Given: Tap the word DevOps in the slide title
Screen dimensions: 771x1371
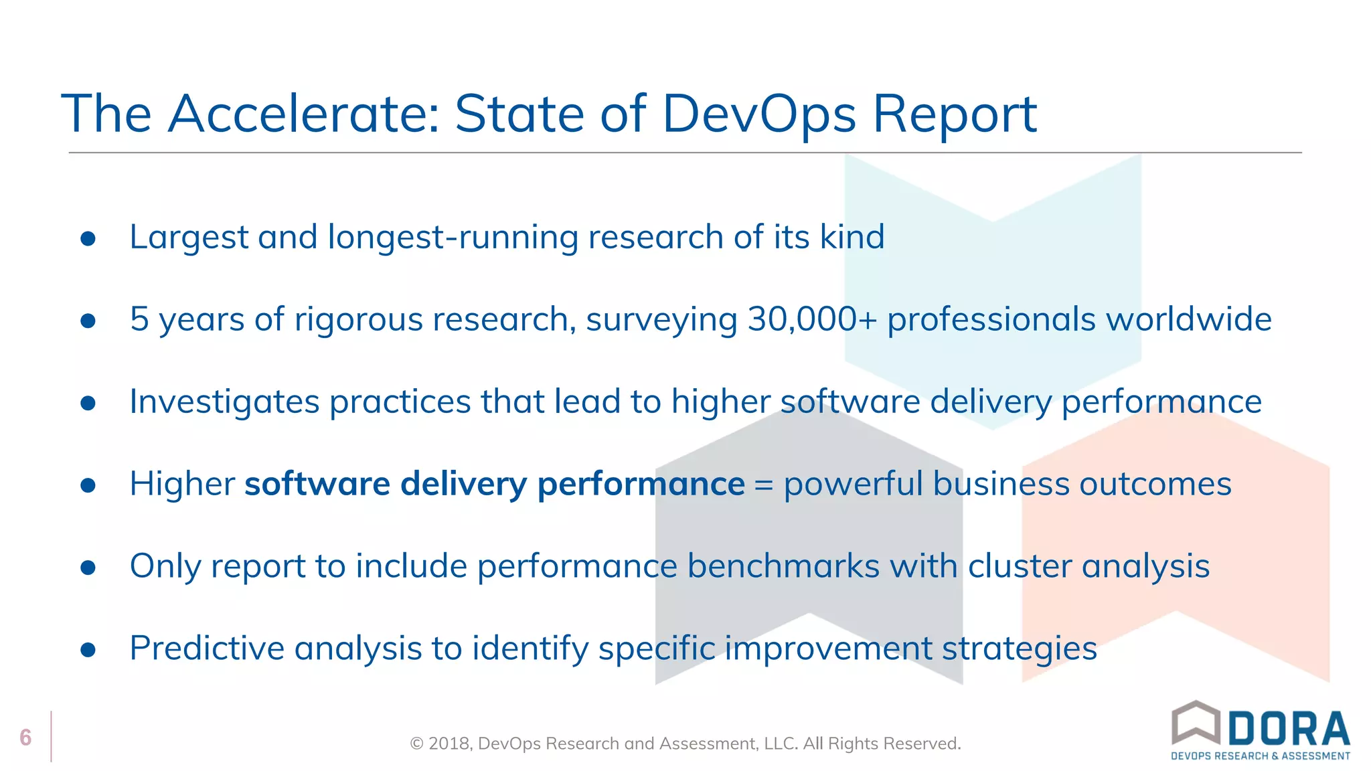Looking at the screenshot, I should click(x=758, y=114).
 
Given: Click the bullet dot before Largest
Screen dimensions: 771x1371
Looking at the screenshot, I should click(x=88, y=239).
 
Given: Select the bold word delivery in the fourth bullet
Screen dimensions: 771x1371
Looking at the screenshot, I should click(x=463, y=485).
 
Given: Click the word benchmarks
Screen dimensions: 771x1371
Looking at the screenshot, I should click(x=783, y=566).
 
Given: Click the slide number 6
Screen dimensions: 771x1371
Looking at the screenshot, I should click(x=25, y=738).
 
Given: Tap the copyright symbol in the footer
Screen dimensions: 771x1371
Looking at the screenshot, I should click(x=416, y=744).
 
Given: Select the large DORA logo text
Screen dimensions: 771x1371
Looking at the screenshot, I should click(x=1289, y=729).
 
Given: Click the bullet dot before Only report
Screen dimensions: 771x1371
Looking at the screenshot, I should click(x=88, y=568).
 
